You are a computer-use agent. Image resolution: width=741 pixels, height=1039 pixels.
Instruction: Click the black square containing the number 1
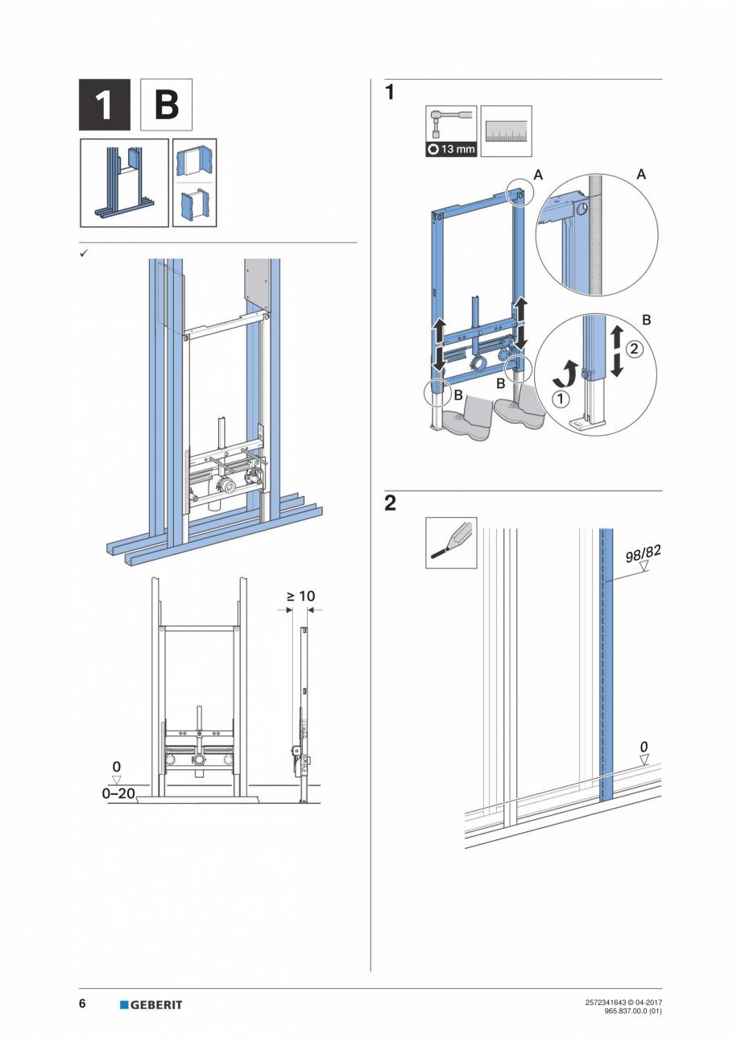pos(105,105)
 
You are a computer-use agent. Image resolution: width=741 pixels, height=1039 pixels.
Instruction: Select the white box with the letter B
pos(166,105)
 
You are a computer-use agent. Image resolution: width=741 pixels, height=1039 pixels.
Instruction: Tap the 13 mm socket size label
pos(451,149)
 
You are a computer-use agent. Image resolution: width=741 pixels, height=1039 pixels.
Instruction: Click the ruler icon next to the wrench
pos(506,130)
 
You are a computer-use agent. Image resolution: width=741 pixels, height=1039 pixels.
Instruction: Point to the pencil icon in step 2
pos(451,543)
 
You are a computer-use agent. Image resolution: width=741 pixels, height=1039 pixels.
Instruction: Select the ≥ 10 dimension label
pos(300,596)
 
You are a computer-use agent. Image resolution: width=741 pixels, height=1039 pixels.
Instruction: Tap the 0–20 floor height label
pos(118,793)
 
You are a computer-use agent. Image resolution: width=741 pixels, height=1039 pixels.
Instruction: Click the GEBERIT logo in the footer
pos(151,1004)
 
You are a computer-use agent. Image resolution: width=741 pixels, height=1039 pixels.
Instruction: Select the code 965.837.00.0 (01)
pos(632,1011)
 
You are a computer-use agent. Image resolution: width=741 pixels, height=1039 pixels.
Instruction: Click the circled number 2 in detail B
pos(633,350)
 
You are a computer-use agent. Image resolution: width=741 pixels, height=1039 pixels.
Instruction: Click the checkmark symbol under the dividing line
pos(83,252)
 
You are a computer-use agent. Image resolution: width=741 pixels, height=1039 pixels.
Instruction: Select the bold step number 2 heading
pos(391,504)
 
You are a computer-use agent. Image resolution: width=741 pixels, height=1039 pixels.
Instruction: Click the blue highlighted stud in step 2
pos(606,660)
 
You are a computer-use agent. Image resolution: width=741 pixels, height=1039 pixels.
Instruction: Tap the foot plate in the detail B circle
pos(582,422)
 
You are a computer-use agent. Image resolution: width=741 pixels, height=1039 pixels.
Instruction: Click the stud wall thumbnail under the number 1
pos(124,183)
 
